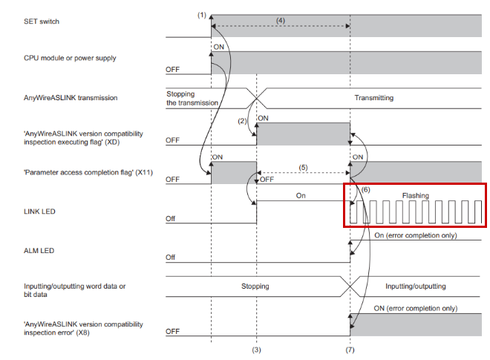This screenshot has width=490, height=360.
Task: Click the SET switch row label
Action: (42, 22)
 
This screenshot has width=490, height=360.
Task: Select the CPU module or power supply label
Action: (70, 58)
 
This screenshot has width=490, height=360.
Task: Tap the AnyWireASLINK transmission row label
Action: (71, 98)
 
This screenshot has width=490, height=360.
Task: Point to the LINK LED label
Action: (39, 212)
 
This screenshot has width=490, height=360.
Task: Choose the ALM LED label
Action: (39, 251)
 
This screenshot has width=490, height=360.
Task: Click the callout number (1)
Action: (202, 15)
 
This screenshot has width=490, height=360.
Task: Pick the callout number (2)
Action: (242, 121)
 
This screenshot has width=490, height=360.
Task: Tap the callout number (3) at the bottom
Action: (257, 350)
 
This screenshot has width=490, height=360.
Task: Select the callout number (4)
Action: (281, 20)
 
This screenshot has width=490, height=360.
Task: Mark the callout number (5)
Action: (303, 168)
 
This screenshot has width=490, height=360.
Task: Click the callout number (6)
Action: (365, 190)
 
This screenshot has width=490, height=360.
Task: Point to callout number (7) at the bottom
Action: (350, 350)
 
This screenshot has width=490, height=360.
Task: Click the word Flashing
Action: (415, 196)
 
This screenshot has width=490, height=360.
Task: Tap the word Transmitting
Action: (373, 98)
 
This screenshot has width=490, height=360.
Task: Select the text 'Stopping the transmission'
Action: (192, 99)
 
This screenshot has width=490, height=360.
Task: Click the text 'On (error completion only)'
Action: (416, 235)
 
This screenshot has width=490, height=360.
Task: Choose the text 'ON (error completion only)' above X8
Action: (416, 309)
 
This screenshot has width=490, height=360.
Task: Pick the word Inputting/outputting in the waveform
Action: (415, 287)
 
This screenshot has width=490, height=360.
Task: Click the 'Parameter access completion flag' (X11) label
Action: (88, 172)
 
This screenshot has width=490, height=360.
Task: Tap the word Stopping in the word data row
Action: (255, 287)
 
